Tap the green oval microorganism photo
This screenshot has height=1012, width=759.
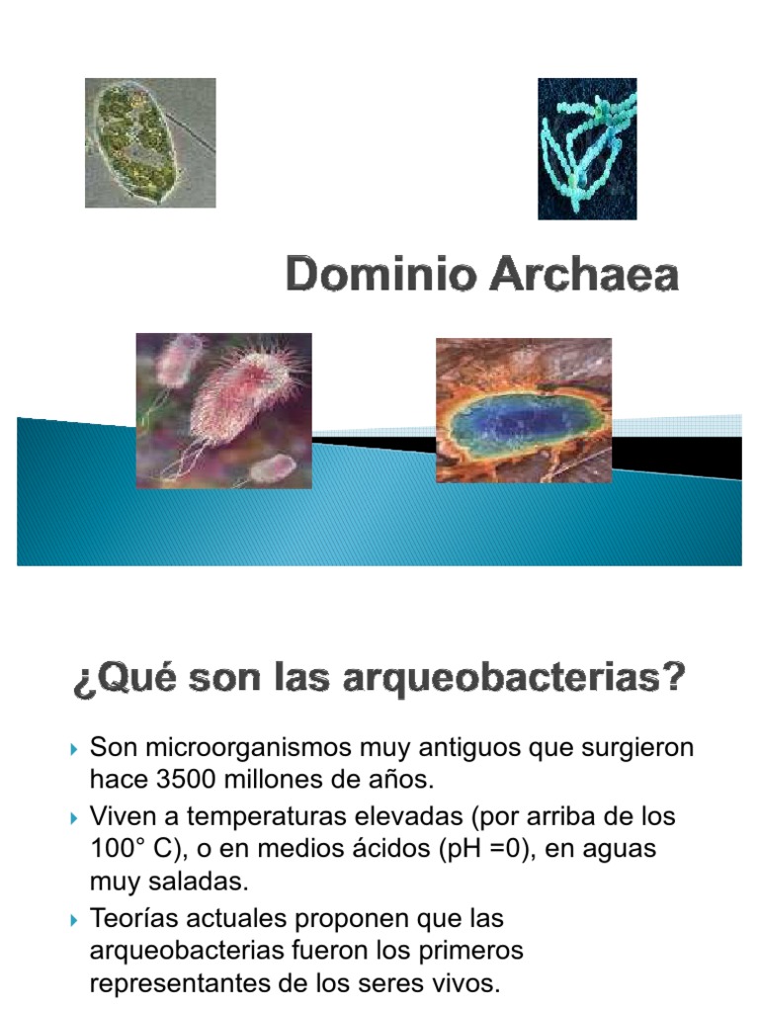tap(150, 142)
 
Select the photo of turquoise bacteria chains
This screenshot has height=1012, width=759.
tap(586, 148)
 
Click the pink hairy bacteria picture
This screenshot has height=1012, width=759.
tap(223, 410)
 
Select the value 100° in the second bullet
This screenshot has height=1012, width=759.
tap(115, 849)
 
